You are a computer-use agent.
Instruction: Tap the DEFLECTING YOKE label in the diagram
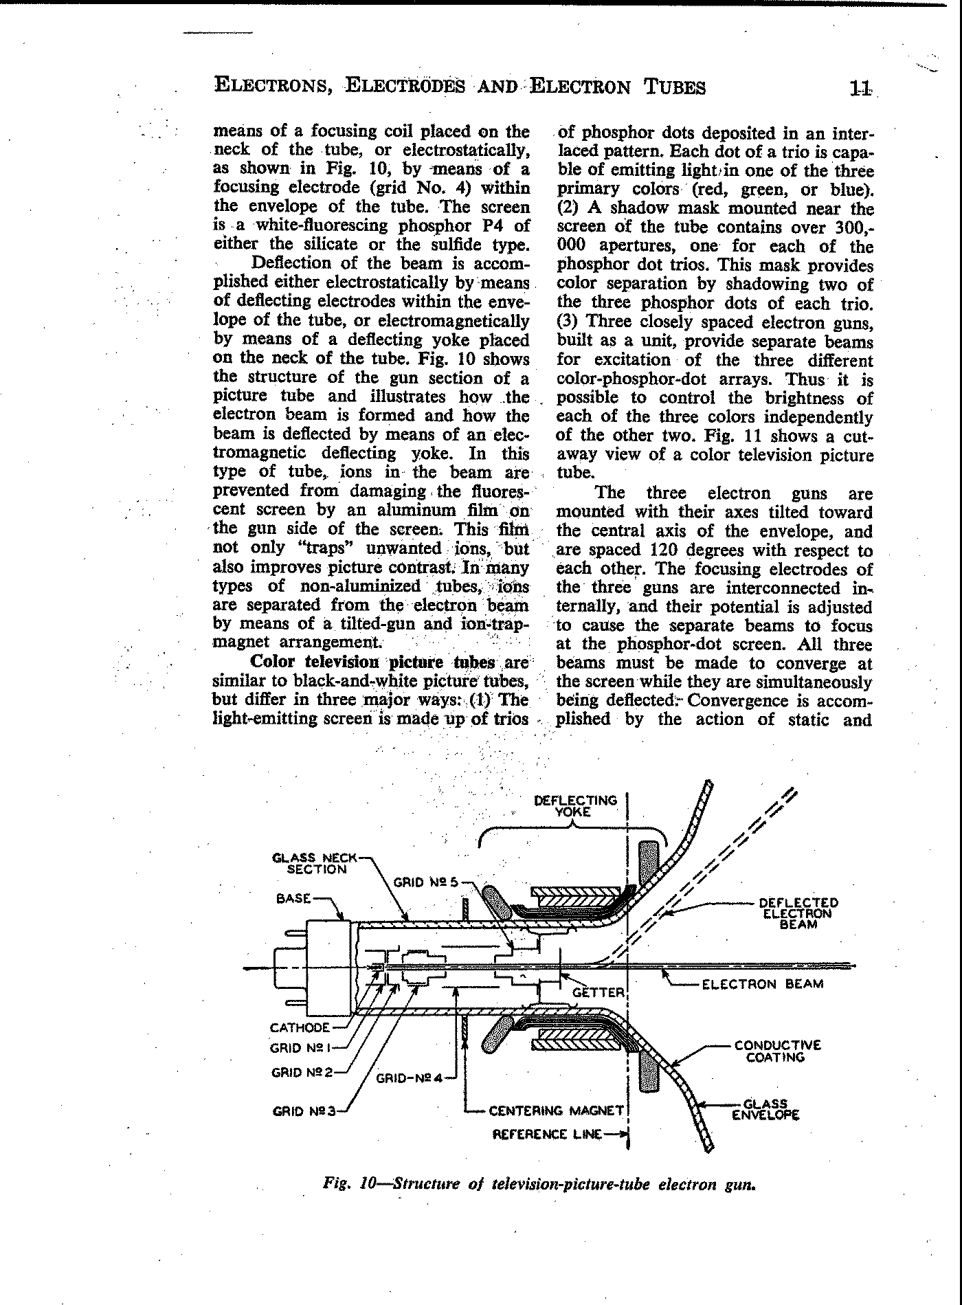(575, 805)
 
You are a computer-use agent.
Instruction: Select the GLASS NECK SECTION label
(315, 863)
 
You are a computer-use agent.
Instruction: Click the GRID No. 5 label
(425, 882)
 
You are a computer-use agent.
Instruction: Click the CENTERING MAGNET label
(555, 1110)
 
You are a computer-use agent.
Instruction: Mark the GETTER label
(598, 992)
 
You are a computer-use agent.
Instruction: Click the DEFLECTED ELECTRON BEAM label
(798, 913)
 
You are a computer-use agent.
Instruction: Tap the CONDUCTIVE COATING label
(777, 1051)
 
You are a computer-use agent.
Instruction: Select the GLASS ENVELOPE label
(765, 1110)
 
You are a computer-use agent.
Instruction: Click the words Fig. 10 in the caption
(348, 1184)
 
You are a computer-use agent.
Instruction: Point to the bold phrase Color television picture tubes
(372, 662)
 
